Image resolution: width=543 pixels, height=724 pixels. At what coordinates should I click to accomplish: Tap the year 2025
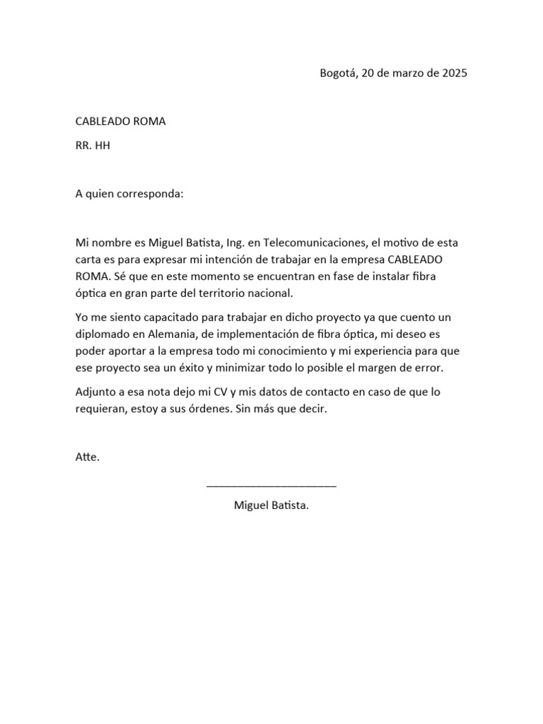tap(453, 73)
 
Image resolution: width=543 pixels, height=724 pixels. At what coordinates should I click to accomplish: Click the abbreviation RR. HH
tap(93, 146)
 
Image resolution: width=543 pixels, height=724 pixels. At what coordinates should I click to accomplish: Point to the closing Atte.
tap(88, 457)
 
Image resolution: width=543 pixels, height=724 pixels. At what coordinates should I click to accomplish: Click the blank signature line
tap(271, 485)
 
